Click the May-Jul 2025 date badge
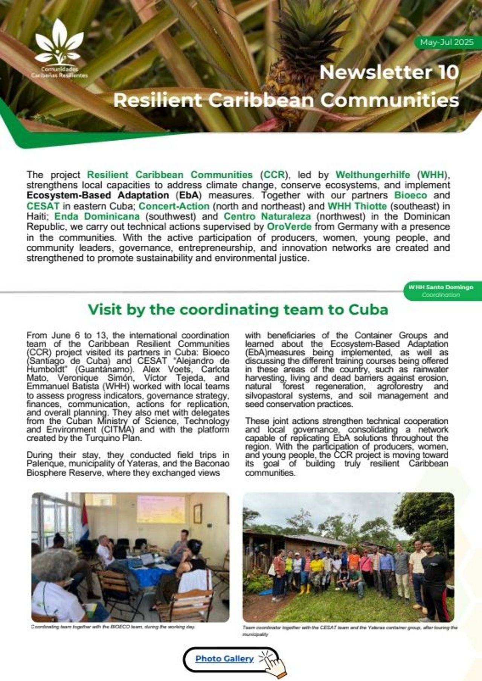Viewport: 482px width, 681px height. (x=447, y=42)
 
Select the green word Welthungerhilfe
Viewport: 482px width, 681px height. (x=373, y=175)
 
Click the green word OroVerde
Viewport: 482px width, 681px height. (x=289, y=226)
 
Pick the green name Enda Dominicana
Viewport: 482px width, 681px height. (x=97, y=216)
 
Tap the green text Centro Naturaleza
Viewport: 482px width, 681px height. (x=267, y=216)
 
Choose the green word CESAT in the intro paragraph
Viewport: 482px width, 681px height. (x=43, y=206)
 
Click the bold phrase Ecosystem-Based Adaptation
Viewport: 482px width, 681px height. (x=98, y=195)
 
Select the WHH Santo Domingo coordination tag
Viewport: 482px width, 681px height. (x=441, y=290)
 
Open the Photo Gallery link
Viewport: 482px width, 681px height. (x=224, y=658)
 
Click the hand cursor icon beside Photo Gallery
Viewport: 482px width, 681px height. (x=273, y=662)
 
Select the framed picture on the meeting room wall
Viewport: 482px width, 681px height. (x=198, y=513)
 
